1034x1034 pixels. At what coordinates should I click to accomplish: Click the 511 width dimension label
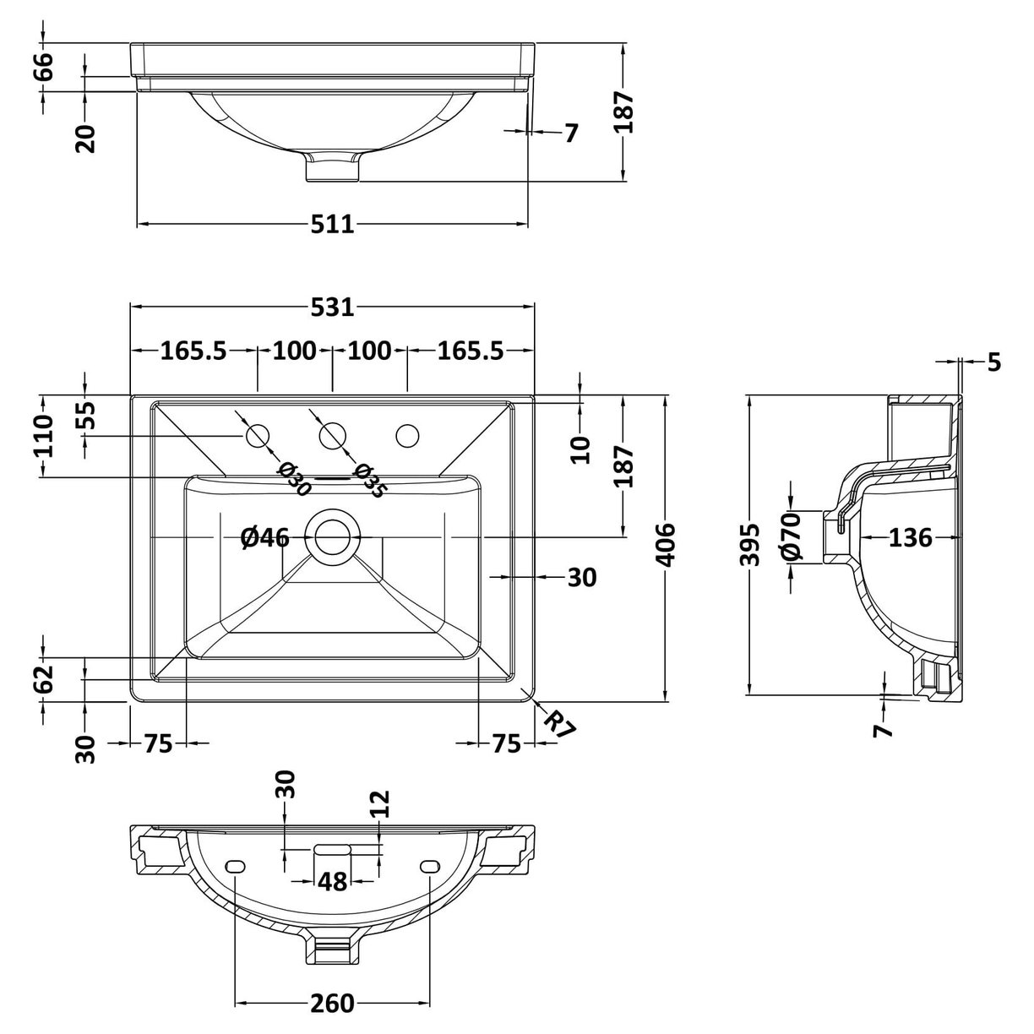(332, 225)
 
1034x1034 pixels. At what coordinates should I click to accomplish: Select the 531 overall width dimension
(332, 307)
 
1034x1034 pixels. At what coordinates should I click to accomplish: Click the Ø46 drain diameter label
(264, 537)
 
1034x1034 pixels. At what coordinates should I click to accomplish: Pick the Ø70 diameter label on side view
(791, 538)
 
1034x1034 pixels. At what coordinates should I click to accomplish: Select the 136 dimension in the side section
(910, 537)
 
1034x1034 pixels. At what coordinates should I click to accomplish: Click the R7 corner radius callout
(558, 724)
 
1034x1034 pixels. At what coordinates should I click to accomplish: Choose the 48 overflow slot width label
(333, 882)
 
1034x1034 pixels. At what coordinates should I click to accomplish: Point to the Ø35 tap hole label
(370, 481)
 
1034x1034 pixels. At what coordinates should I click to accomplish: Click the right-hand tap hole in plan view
(407, 436)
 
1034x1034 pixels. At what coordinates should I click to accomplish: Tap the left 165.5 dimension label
(193, 350)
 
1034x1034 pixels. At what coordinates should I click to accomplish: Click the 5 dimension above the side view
(993, 362)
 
